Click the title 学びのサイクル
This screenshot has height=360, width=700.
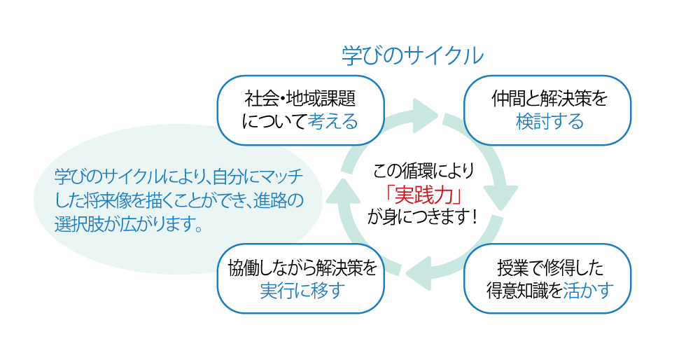[x=412, y=56]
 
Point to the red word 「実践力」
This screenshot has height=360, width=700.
[x=423, y=193]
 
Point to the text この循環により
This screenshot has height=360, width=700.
[x=423, y=169]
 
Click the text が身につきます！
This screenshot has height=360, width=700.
[x=423, y=217]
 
